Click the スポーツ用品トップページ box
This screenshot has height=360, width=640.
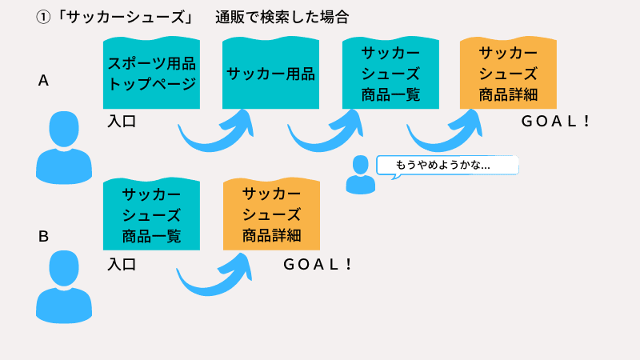[x=151, y=73]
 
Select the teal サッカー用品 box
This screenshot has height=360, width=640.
[x=270, y=74]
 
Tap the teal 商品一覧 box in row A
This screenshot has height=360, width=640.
[x=390, y=74]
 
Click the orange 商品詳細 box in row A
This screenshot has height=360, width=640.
[x=508, y=74]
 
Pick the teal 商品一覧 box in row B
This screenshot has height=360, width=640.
[x=151, y=214]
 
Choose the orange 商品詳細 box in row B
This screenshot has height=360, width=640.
[x=271, y=214]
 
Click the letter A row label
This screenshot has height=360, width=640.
[x=44, y=81]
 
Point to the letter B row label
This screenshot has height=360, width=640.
[x=44, y=236]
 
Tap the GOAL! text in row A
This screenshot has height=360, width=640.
[x=556, y=122]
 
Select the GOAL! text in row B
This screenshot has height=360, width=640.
[x=318, y=264]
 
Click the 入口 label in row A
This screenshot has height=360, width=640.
[x=122, y=122]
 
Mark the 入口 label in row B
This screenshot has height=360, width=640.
[x=122, y=264]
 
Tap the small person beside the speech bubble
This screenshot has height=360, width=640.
[x=360, y=174]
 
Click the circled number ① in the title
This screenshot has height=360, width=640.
[x=44, y=17]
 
